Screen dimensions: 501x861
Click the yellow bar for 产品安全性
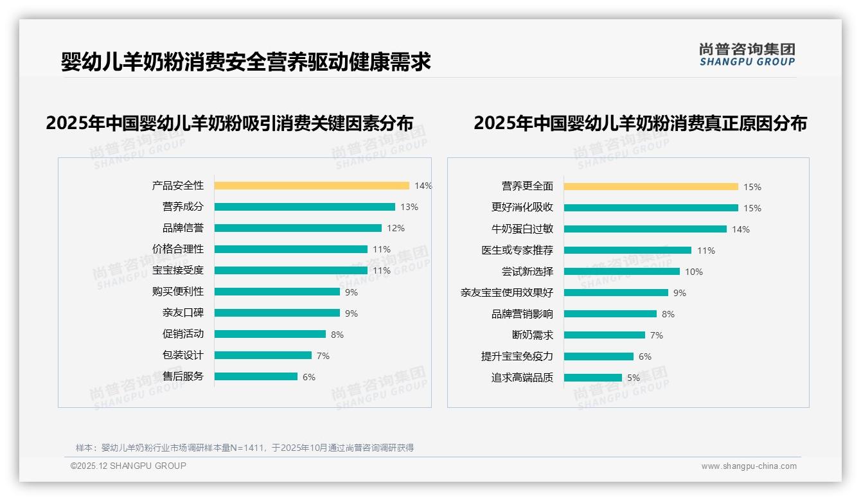[312, 186]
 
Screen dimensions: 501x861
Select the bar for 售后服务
[256, 376]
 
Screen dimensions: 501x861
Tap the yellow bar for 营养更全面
[651, 187]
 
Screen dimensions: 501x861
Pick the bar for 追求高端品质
[592, 378]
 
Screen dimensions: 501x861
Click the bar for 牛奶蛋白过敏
[645, 229]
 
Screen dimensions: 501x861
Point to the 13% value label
[409, 207]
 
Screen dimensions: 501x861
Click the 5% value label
[634, 378]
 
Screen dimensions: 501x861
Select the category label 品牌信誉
[182, 228]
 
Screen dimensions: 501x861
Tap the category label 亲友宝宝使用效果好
[506, 293]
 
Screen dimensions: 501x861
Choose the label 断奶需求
[532, 335]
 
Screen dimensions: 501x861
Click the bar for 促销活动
[270, 334]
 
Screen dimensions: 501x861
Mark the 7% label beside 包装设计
[323, 355]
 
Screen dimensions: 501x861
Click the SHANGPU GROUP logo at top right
[747, 54]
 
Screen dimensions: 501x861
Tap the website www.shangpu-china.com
[749, 466]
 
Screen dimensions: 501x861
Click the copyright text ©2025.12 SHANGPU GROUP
[128, 466]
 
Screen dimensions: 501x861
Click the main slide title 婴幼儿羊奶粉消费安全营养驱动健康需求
[245, 62]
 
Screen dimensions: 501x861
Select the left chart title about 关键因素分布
[229, 123]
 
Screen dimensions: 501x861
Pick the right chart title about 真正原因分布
[640, 123]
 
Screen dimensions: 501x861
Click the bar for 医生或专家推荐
[628, 251]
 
